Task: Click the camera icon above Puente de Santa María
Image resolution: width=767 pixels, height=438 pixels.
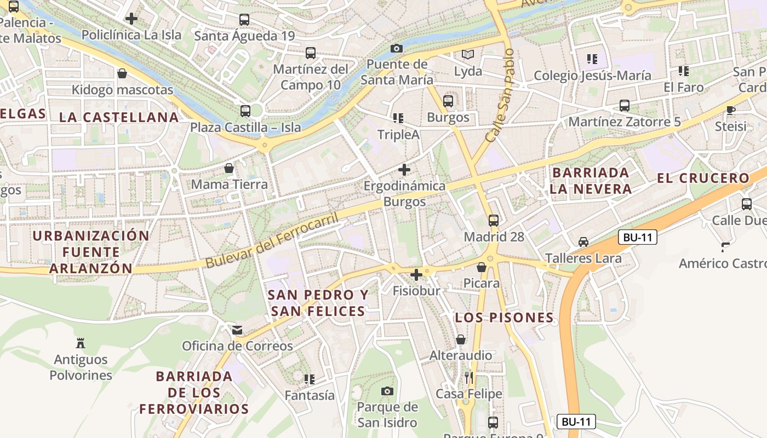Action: pos(397,49)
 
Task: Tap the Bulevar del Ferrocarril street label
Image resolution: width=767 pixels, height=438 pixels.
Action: pos(272,240)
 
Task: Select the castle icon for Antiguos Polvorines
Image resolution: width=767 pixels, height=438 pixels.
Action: pos(81,343)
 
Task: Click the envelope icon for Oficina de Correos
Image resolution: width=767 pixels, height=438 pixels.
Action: pos(237,330)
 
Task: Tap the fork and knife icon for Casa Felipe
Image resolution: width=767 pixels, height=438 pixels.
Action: pos(468,378)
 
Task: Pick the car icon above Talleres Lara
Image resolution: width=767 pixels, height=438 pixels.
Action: pos(583,242)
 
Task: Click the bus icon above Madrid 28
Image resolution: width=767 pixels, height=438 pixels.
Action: pos(494,221)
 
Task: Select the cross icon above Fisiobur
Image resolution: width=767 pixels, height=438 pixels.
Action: pos(416,274)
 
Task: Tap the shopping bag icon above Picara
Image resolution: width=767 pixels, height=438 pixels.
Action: pos(482,267)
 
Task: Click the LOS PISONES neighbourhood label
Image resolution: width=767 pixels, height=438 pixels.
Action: pos(505,318)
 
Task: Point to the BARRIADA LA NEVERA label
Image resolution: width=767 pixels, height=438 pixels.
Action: pos(591,181)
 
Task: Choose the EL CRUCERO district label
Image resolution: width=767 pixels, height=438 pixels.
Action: pos(703,178)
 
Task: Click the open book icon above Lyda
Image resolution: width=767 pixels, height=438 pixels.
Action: pos(468,54)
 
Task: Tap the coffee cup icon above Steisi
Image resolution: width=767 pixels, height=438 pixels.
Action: pos(731,110)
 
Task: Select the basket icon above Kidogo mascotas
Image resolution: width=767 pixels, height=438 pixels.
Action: pos(122,73)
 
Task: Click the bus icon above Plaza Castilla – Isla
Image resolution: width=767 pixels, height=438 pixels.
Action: pos(245,111)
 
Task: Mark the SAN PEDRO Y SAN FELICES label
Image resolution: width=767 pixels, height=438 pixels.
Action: pos(318,303)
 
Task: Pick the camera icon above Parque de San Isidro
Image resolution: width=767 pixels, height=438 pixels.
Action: pos(387,391)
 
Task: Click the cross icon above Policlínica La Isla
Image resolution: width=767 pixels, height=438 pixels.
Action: pos(131,19)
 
